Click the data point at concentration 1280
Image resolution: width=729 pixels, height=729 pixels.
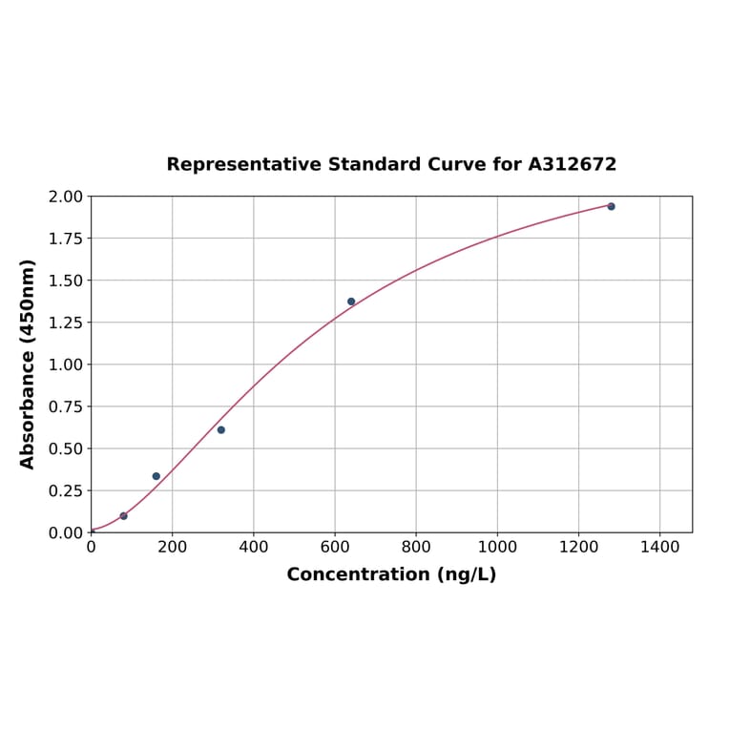pyautogui.click(x=611, y=206)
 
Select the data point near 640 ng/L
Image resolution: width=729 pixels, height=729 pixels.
pyautogui.click(x=351, y=302)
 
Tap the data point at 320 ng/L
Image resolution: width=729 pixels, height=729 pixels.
pyautogui.click(x=221, y=430)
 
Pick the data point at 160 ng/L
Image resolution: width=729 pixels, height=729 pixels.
pyautogui.click(x=156, y=476)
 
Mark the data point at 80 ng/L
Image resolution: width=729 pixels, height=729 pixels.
pyautogui.click(x=124, y=516)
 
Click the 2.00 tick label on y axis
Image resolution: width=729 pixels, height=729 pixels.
pyautogui.click(x=66, y=197)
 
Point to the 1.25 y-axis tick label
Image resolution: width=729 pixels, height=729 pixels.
pyautogui.click(x=66, y=323)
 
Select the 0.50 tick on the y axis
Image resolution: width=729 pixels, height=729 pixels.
pyautogui.click(x=66, y=448)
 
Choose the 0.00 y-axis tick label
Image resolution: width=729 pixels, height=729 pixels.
pyautogui.click(x=66, y=532)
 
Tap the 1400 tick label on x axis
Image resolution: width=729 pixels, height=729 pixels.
pyautogui.click(x=659, y=548)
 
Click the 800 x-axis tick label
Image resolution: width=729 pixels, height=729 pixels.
pyautogui.click(x=416, y=548)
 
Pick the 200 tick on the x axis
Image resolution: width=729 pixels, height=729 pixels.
pyautogui.click(x=173, y=548)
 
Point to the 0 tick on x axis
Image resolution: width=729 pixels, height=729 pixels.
pyautogui.click(x=92, y=548)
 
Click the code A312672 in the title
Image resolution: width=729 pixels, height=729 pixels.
pyautogui.click(x=573, y=165)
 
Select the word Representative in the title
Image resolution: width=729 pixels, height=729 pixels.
pyautogui.click(x=244, y=165)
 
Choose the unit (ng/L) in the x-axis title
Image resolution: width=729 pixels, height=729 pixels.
pyautogui.click(x=466, y=574)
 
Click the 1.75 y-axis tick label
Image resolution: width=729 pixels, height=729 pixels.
pyautogui.click(x=66, y=239)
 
